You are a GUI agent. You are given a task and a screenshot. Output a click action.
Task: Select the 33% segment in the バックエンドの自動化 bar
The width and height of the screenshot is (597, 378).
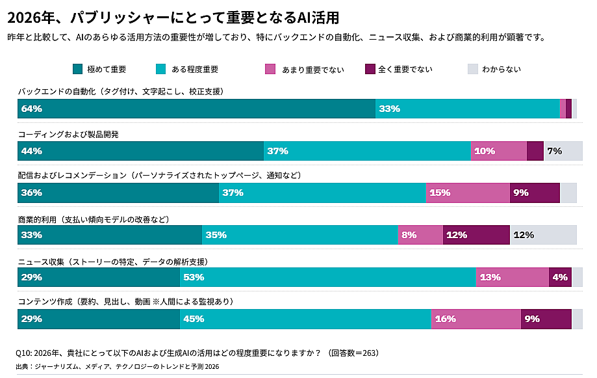pyautogui.click(x=467, y=109)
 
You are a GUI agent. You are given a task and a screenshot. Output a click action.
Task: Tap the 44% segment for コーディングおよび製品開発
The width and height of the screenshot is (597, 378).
pyautogui.click(x=140, y=151)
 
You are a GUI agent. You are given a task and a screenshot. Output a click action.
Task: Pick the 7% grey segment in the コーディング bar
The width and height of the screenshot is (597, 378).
pyautogui.click(x=563, y=151)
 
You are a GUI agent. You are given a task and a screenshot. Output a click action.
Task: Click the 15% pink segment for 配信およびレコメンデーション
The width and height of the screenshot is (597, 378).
pyautogui.click(x=467, y=193)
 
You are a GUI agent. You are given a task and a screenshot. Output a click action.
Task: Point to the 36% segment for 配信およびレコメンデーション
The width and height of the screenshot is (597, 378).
pyautogui.click(x=118, y=193)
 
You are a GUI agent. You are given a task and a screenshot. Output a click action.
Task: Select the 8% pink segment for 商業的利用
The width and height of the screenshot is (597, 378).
pyautogui.click(x=420, y=235)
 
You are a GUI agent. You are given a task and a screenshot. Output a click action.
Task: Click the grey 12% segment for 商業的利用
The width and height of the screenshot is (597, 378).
pyautogui.click(x=543, y=235)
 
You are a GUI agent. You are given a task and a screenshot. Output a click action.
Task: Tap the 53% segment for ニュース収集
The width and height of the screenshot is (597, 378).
pyautogui.click(x=327, y=277)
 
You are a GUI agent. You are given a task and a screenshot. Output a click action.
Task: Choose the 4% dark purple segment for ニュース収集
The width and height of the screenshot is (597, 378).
pyautogui.click(x=560, y=277)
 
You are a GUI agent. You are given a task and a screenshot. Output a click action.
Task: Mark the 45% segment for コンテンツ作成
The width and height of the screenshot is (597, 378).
pyautogui.click(x=305, y=319)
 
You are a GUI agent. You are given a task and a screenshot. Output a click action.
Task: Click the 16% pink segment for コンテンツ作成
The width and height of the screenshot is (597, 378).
pyautogui.click(x=476, y=319)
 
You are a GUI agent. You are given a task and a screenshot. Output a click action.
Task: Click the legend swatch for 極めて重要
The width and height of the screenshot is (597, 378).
pyautogui.click(x=77, y=69)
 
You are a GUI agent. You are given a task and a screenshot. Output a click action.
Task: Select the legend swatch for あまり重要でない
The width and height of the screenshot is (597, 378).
pyautogui.click(x=270, y=69)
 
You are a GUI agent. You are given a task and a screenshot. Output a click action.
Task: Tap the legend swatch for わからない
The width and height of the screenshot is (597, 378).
pyautogui.click(x=472, y=69)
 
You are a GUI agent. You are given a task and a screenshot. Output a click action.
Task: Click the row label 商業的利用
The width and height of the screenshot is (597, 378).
pyautogui.click(x=38, y=220)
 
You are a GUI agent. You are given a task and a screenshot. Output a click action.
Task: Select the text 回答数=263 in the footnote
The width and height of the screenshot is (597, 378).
pyautogui.click(x=353, y=353)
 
